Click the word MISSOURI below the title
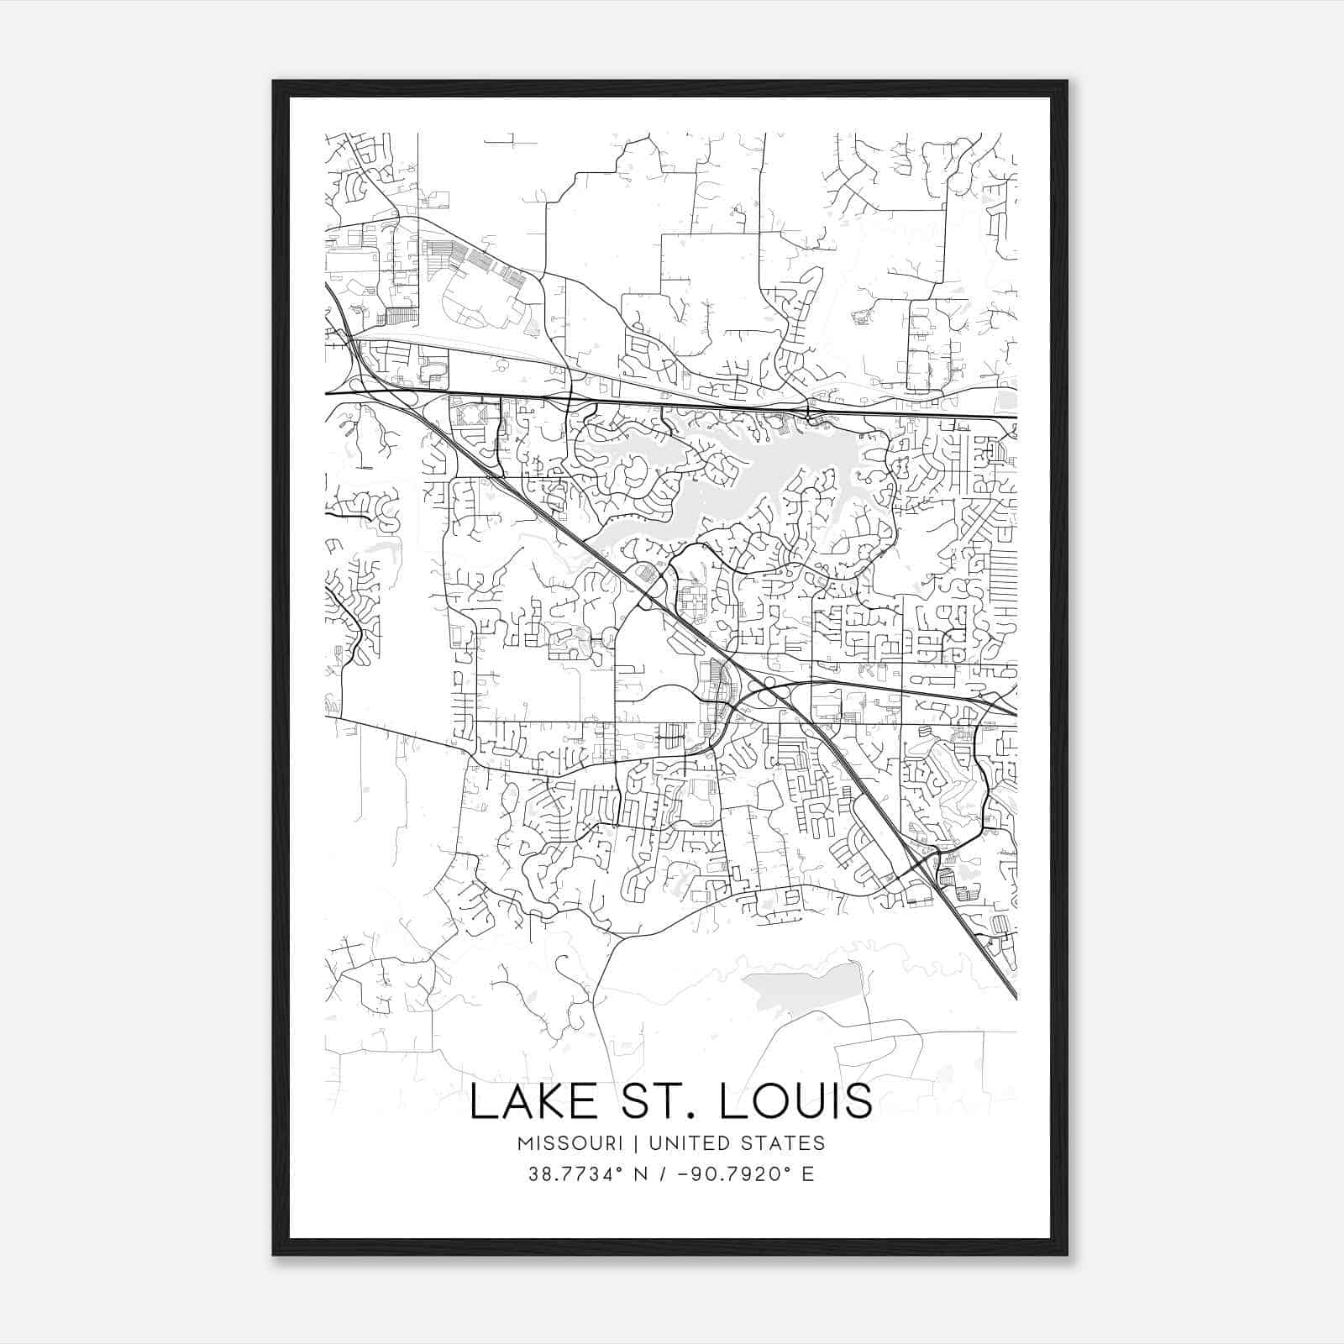[x=570, y=1143]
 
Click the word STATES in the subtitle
[x=785, y=1143]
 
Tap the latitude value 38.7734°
[x=573, y=1174]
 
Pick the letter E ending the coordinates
[x=808, y=1174]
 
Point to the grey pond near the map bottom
[x=806, y=987]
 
